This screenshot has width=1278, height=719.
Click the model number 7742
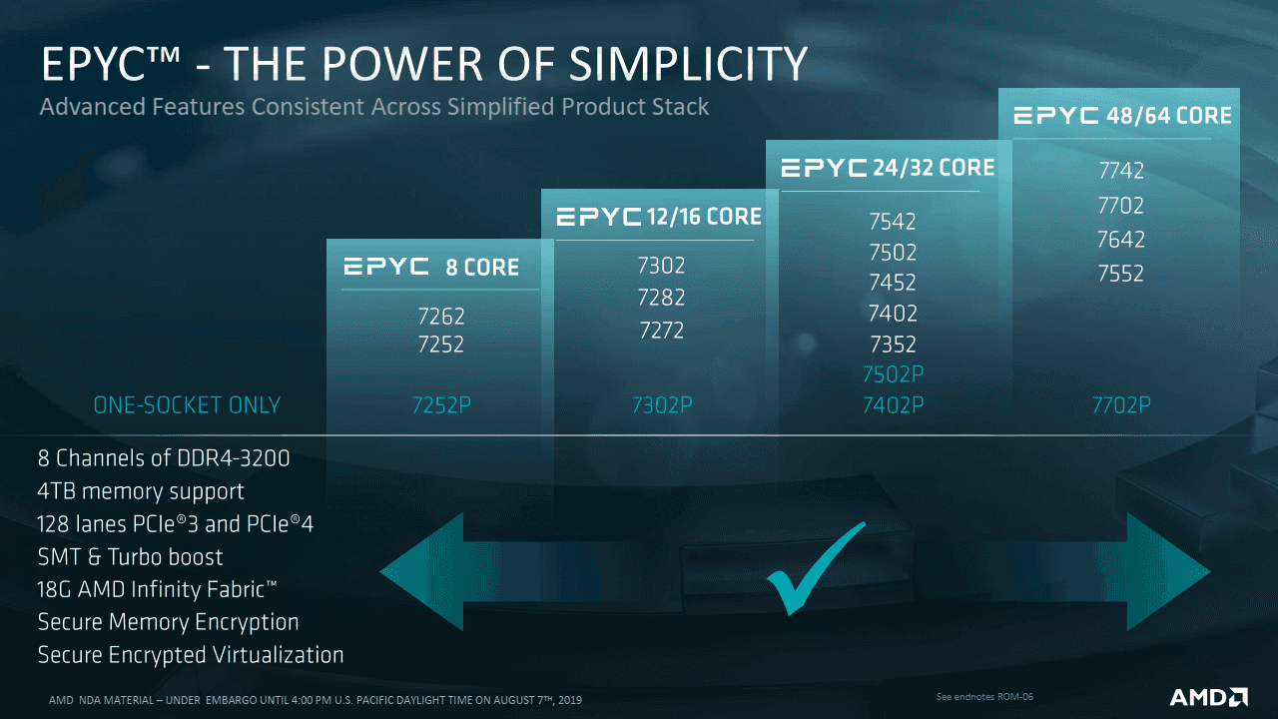1121,171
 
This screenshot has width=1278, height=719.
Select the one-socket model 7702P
1121,405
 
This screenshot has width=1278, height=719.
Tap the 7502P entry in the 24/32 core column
893,374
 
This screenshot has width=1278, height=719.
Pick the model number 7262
441,317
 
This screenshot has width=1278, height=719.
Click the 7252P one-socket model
441,405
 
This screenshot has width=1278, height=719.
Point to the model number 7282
661,298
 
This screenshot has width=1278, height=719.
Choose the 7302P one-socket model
662,405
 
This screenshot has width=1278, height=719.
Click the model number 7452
893,283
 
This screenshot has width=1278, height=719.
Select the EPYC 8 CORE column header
431,267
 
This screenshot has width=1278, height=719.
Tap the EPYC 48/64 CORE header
1122,115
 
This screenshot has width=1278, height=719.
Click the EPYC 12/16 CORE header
659,217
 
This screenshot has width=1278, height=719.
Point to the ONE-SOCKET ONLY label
187,405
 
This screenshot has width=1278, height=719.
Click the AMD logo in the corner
1209,697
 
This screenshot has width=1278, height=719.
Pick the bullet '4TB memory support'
141,491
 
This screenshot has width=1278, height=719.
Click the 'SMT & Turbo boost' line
130,557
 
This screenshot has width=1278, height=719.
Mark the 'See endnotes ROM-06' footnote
984,697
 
